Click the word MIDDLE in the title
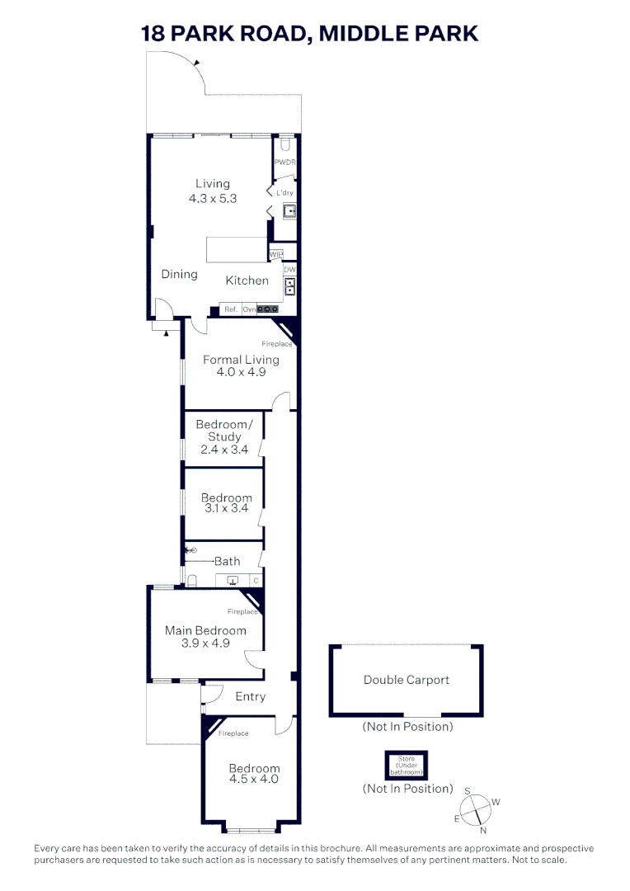(x=360, y=34)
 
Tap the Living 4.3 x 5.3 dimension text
(x=213, y=198)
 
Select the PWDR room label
(x=284, y=163)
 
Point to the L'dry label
(x=285, y=193)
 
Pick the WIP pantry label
(x=276, y=254)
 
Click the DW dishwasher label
(x=289, y=270)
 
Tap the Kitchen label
(x=247, y=280)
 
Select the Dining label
(x=179, y=274)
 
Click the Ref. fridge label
(x=231, y=309)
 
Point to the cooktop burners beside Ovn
(x=268, y=309)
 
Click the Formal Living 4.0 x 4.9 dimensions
(x=241, y=372)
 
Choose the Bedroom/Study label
(x=224, y=431)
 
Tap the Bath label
(x=228, y=561)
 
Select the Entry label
(x=251, y=696)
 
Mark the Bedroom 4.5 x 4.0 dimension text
(x=254, y=779)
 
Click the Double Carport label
(x=407, y=680)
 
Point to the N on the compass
(x=483, y=830)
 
